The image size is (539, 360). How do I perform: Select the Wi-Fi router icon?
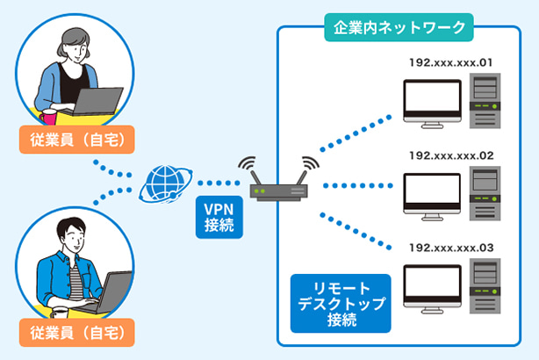pyautogui.click(x=276, y=189)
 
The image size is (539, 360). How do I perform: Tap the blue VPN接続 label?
pyautogui.click(x=216, y=216)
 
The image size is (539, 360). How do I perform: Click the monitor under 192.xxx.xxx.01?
pyautogui.click(x=431, y=102)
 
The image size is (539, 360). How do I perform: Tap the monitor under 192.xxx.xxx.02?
pyautogui.click(x=431, y=194)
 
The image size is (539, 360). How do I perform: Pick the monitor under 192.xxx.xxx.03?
pyautogui.click(x=431, y=287)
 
